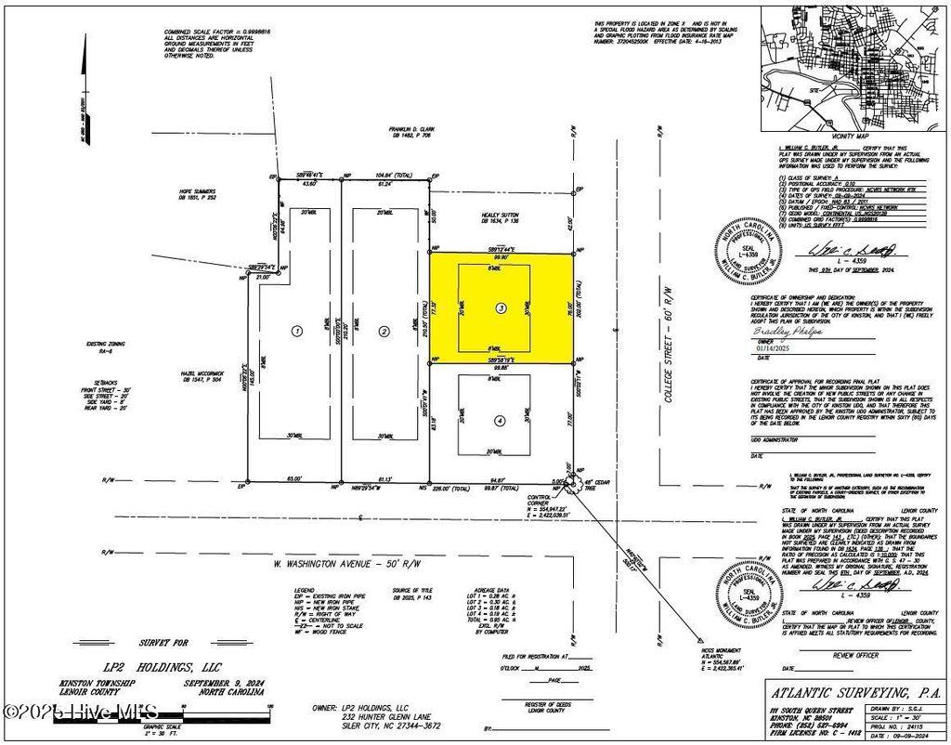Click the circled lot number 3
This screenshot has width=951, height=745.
501,307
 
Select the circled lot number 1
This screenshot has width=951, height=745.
296,330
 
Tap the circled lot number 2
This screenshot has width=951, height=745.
383,330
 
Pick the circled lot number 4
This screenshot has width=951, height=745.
500,420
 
